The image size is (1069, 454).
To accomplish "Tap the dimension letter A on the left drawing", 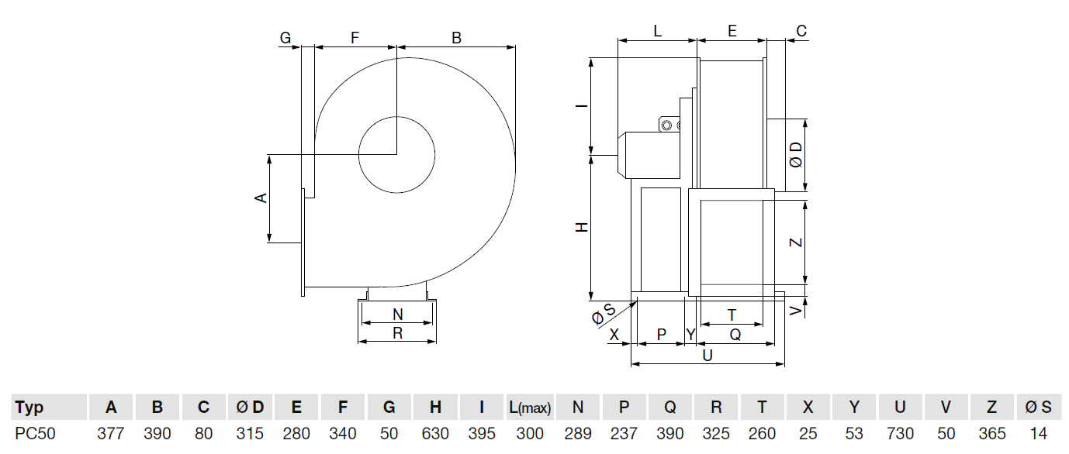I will (x=261, y=198).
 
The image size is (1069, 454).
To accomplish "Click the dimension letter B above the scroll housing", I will (x=457, y=36).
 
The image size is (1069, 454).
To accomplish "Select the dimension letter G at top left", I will (x=285, y=36).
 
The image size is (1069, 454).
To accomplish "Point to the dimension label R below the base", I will (x=397, y=333).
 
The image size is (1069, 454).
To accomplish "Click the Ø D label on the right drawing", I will (x=796, y=155).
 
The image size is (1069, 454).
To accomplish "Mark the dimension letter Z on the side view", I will (x=796, y=242).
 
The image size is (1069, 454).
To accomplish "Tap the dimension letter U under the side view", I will (x=707, y=355).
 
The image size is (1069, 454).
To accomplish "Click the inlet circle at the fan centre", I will (x=396, y=155).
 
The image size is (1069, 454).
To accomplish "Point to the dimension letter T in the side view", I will (x=732, y=315).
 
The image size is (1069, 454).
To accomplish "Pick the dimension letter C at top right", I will (x=801, y=31).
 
